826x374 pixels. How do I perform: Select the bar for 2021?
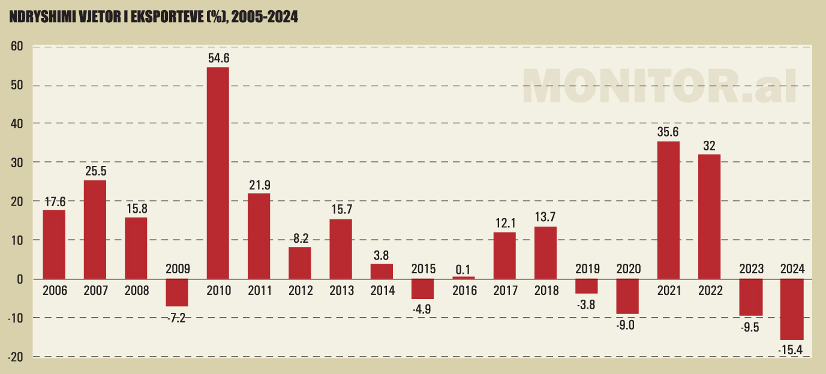click(x=669, y=210)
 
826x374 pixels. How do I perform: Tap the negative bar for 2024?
click(x=792, y=309)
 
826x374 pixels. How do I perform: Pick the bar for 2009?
click(x=177, y=292)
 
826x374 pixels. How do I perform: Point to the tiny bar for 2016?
click(x=464, y=278)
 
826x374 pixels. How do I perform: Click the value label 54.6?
click(x=218, y=58)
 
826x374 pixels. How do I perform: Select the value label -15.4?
click(x=792, y=349)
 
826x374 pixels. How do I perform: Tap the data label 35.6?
click(x=669, y=132)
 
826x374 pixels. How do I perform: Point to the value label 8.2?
click(x=300, y=238)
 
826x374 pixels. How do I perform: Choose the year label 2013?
click(x=341, y=291)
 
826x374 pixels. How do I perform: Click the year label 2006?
click(x=55, y=291)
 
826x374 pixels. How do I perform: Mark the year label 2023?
click(x=750, y=269)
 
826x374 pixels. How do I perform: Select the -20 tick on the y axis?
click(x=15, y=357)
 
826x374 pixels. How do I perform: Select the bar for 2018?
click(x=546, y=252)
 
